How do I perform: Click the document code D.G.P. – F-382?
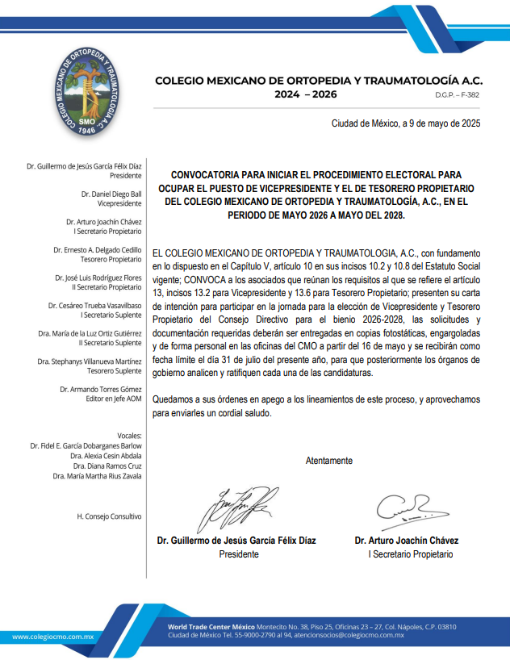click(457, 95)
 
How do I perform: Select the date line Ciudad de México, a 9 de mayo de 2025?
click(406, 123)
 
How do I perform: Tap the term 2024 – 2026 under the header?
click(306, 94)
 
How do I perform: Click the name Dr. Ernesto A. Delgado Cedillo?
click(98, 250)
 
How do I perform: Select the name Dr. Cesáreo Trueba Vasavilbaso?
click(94, 306)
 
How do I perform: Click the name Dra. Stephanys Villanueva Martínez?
click(89, 361)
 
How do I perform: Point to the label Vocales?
click(130, 436)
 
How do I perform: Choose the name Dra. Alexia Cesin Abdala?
click(107, 456)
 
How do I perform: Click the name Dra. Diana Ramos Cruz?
click(107, 466)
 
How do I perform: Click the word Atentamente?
click(328, 461)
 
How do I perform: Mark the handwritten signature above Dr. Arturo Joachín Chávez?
click(405, 508)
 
